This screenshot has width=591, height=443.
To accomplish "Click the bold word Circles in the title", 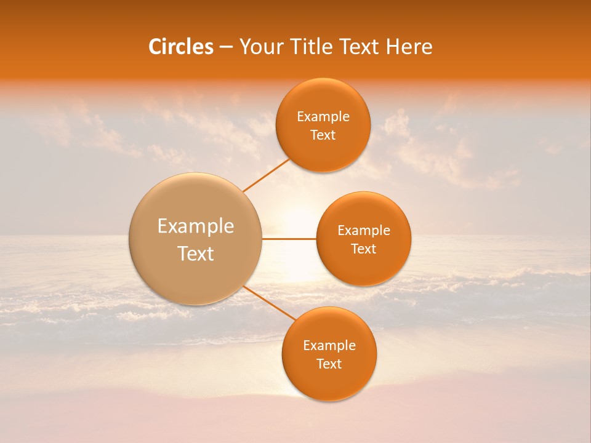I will coord(180,47).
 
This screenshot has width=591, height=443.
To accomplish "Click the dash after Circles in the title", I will coord(226,47).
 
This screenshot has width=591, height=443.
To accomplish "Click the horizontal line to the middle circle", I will coord(289,239).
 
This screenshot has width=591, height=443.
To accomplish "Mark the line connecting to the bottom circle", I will coord(270,304).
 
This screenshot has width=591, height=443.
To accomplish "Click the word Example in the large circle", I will coord(196,226).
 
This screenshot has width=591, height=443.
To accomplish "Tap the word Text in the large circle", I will coord(196,253).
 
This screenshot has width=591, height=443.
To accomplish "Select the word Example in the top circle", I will coord(323,117).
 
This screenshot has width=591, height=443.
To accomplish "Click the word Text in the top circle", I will coord(323,135).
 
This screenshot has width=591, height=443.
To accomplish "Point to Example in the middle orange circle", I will coord(364,231).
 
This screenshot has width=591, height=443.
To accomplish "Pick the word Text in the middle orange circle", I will coord(364,249).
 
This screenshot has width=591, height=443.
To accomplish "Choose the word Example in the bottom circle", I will coord(329,346).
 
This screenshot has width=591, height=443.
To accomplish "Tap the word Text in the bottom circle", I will coord(329,364).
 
